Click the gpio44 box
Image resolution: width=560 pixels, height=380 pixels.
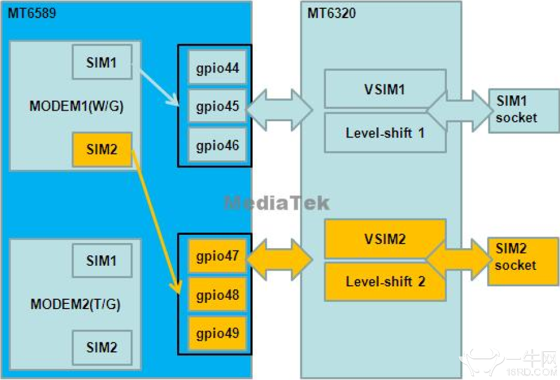point(217,68)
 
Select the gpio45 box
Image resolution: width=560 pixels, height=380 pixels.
point(217,107)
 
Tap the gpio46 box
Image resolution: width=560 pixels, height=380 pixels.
point(217,145)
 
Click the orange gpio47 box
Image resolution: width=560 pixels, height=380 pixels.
point(217,256)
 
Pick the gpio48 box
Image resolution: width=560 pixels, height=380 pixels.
point(217,295)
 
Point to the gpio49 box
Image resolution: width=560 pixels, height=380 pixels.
point(217,334)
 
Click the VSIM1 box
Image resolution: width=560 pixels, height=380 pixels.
point(385,89)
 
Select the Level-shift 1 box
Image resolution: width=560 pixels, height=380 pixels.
point(385,132)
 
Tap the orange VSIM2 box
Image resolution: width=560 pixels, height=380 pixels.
point(385,239)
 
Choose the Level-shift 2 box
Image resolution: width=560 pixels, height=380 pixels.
point(385,282)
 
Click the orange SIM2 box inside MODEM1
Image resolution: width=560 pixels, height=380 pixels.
point(102,149)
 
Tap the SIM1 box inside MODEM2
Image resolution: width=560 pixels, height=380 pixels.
point(102,260)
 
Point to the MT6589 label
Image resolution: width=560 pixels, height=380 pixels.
point(32,13)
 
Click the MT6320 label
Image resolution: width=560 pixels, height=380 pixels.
point(331,13)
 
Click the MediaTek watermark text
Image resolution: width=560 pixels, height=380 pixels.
point(277,203)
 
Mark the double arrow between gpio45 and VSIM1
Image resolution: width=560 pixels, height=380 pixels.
point(279,107)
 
